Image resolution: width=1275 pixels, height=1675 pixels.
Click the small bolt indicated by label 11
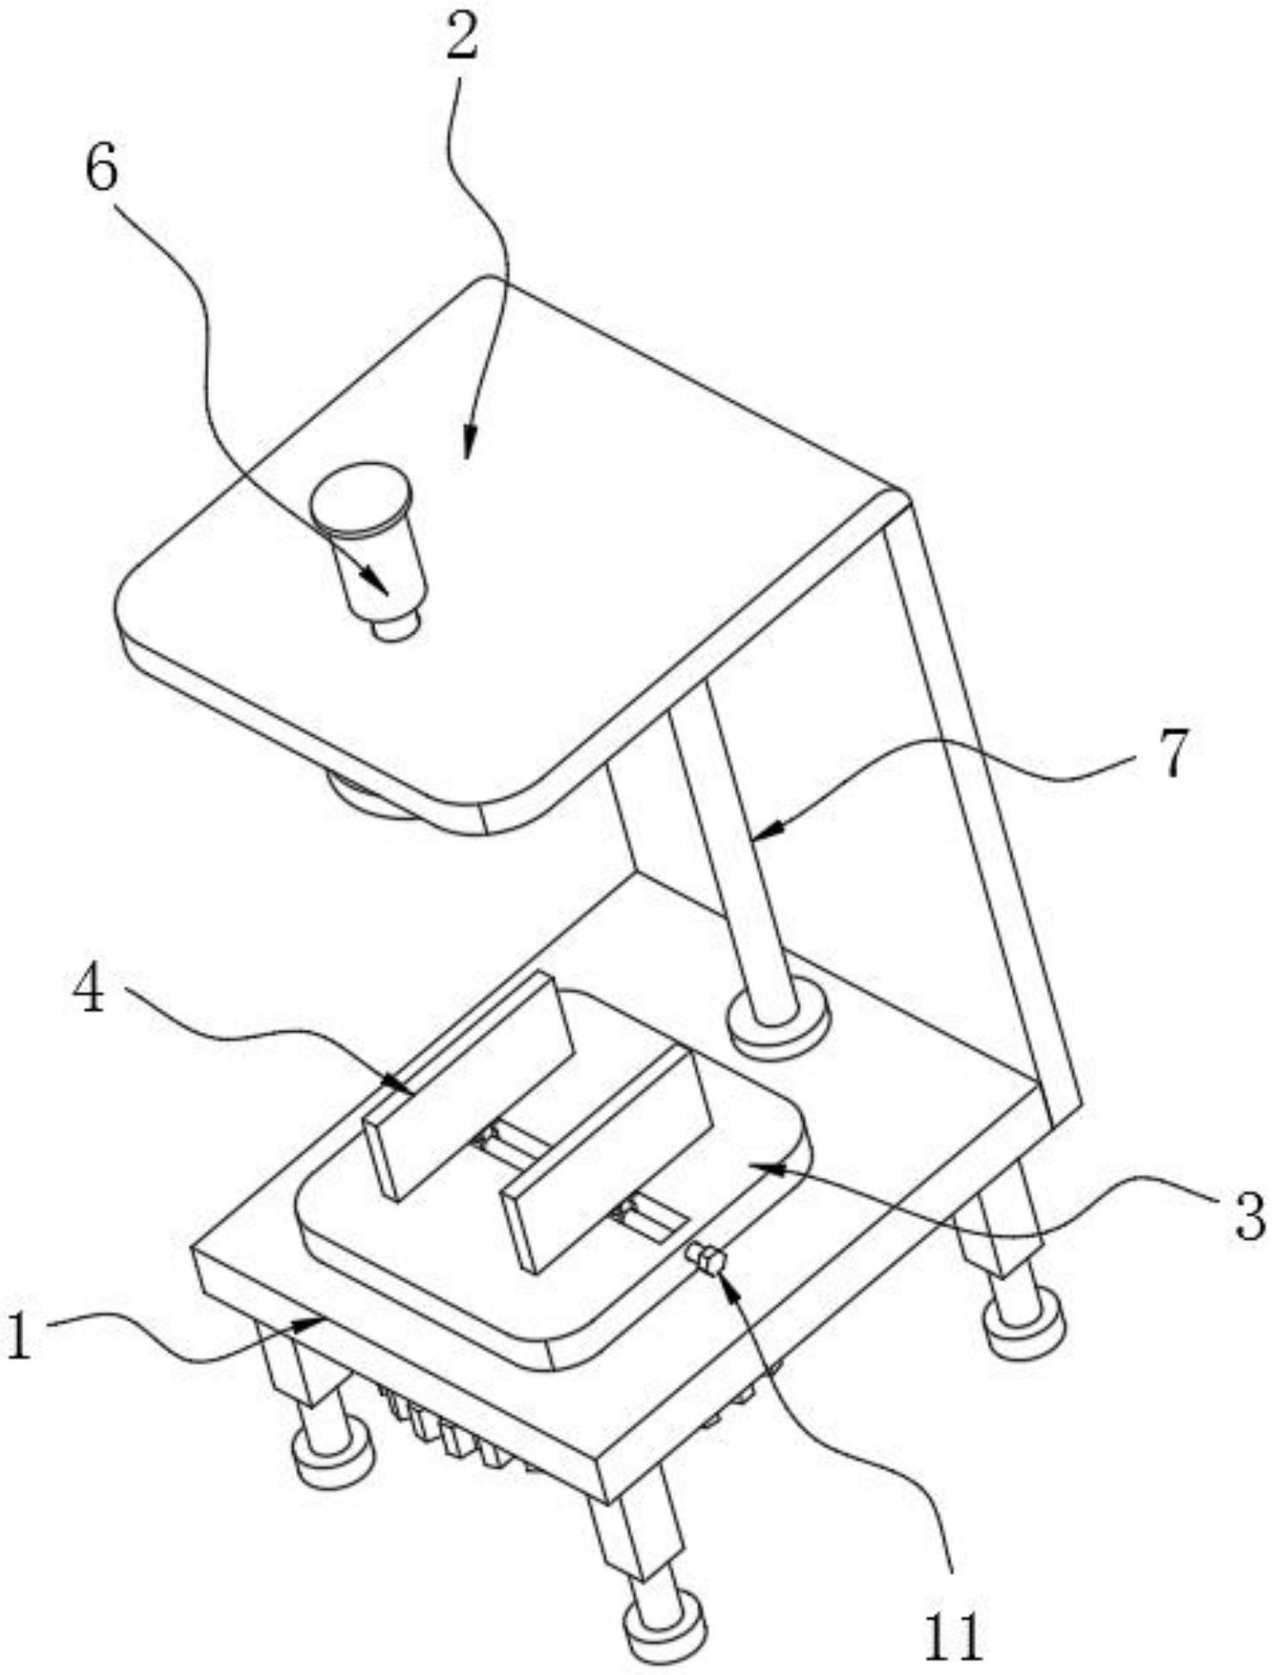coord(707,1262)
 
